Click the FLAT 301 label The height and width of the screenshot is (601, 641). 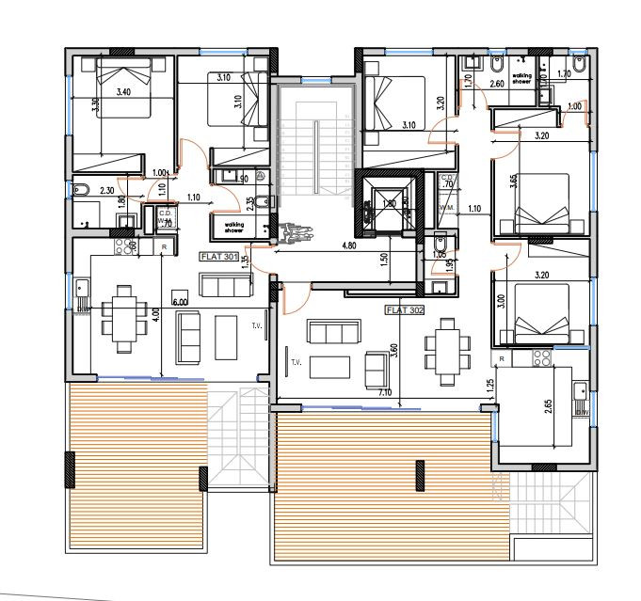click(x=217, y=256)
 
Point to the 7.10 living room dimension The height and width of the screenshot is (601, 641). click(x=383, y=391)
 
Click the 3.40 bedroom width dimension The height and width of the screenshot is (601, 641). click(x=123, y=92)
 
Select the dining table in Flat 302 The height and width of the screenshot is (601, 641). click(x=445, y=346)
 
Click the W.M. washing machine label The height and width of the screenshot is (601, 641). click(x=445, y=208)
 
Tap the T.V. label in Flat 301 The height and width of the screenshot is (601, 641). click(x=255, y=327)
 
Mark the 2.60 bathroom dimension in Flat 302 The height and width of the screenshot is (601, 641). click(x=498, y=84)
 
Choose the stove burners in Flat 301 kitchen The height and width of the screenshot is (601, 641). click(x=123, y=246)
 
